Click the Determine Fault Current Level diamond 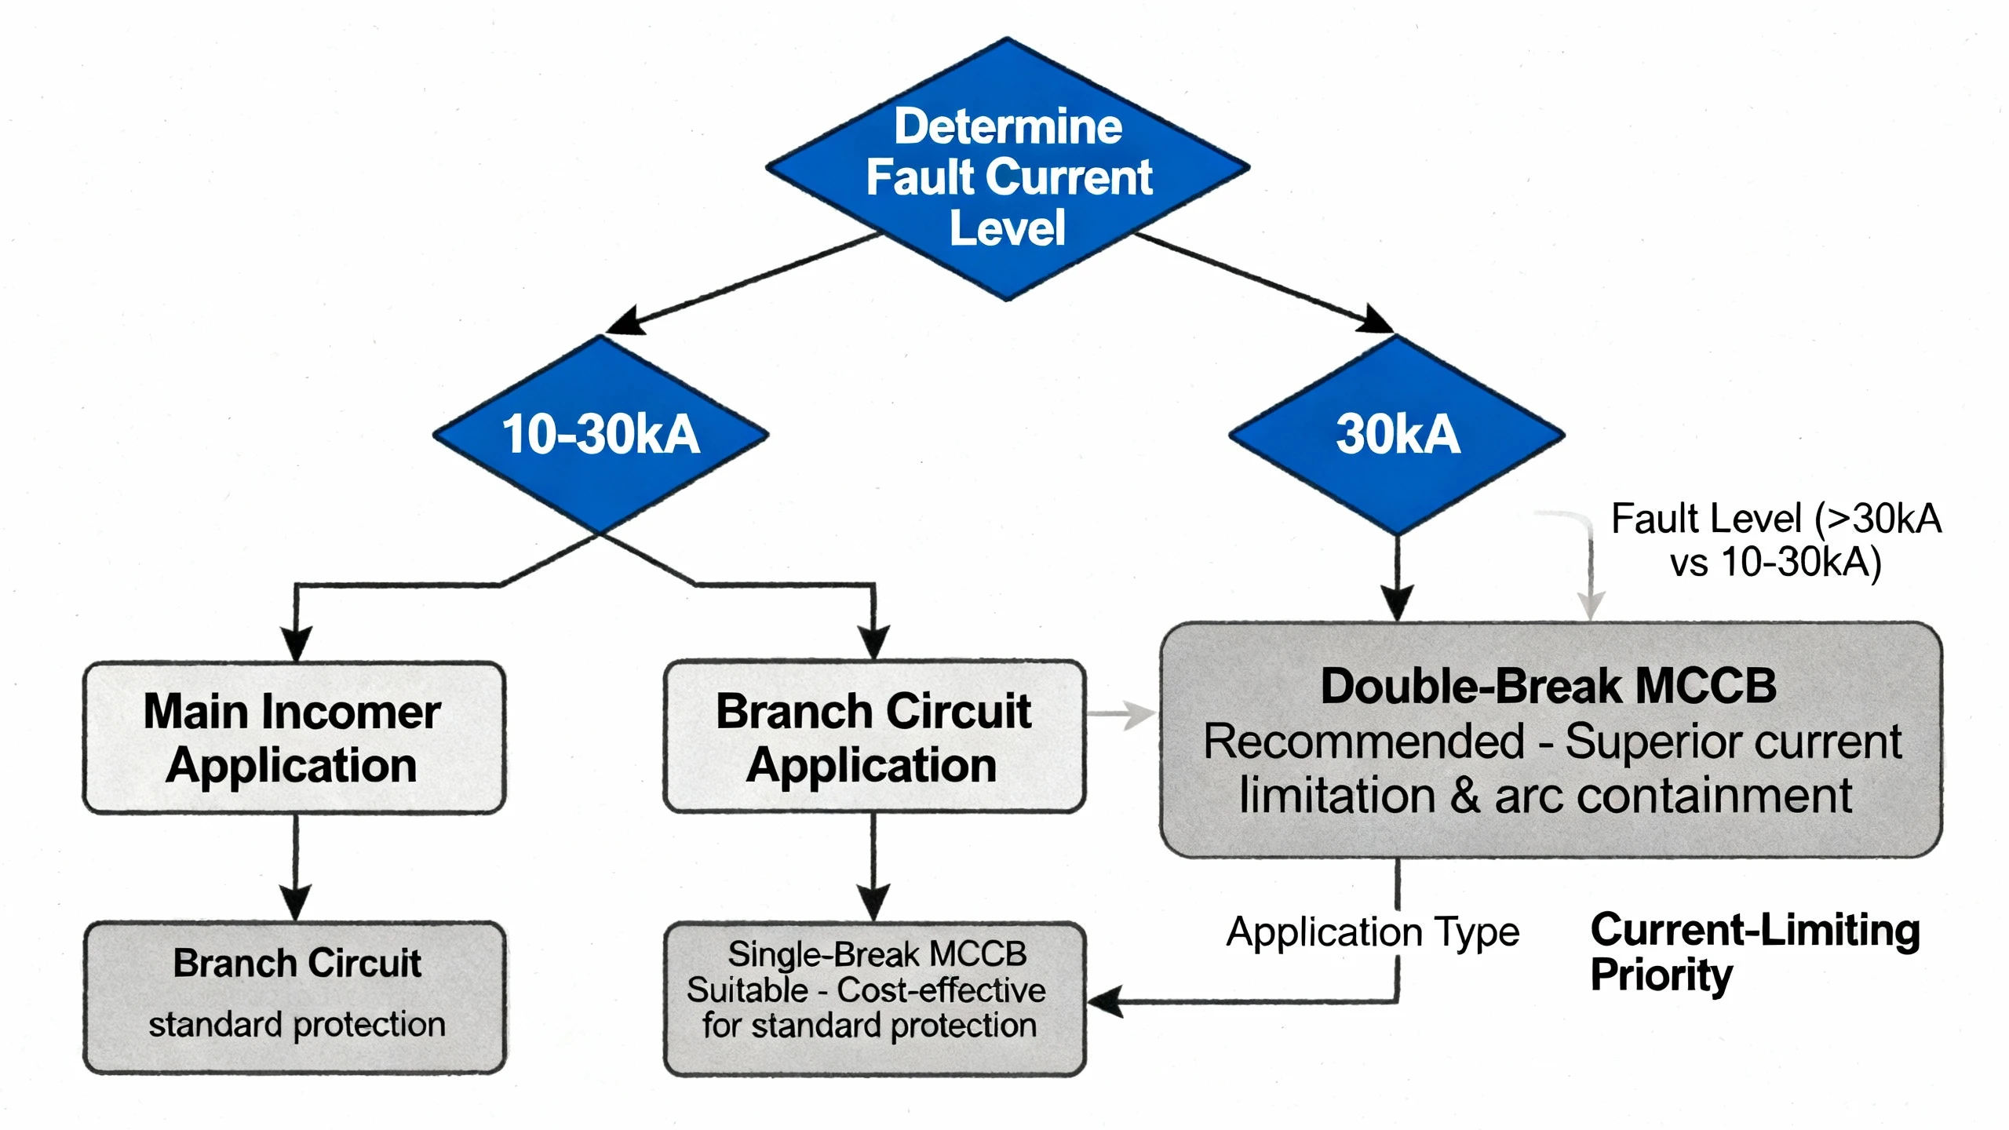(1008, 169)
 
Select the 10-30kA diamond (600, 434)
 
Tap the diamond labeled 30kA (1397, 434)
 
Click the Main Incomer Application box (294, 738)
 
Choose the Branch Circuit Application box (874, 738)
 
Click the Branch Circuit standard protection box (295, 997)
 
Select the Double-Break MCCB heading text (1548, 686)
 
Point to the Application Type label (1372, 932)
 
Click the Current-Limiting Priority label (1754, 951)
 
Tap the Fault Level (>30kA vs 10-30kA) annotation (1775, 540)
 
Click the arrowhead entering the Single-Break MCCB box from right (1103, 1002)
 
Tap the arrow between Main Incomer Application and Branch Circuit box (295, 867)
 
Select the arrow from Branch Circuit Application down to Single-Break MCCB (873, 867)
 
